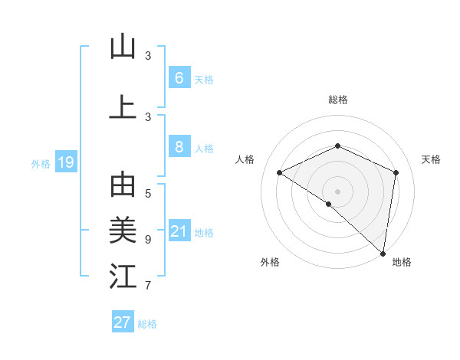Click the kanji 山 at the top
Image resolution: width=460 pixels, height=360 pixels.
pyautogui.click(x=123, y=47)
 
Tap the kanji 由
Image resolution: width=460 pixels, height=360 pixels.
pyautogui.click(x=123, y=186)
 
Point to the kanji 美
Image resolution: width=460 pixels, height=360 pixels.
pyautogui.click(x=123, y=230)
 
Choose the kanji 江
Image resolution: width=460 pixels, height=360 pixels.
pyautogui.click(x=123, y=277)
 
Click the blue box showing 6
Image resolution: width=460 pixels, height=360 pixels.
pyautogui.click(x=179, y=77)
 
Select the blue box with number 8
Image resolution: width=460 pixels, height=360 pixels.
pyautogui.click(x=179, y=147)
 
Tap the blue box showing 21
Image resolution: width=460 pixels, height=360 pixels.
pyautogui.click(x=179, y=231)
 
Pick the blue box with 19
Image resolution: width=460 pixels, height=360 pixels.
pyautogui.click(x=65, y=162)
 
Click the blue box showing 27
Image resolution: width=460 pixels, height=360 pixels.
pyautogui.click(x=123, y=322)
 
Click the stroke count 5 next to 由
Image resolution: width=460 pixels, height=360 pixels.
pyautogui.click(x=148, y=193)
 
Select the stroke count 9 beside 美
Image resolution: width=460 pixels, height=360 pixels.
pyautogui.click(x=148, y=239)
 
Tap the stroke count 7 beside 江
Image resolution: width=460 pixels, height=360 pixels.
pyautogui.click(x=148, y=286)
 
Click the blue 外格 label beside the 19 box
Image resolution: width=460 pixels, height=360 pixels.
pyautogui.click(x=41, y=163)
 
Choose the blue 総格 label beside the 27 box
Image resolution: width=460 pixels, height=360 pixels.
pyautogui.click(x=147, y=323)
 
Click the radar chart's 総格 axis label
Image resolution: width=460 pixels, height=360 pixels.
pyautogui.click(x=337, y=100)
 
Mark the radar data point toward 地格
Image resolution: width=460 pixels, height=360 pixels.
pyautogui.click(x=383, y=253)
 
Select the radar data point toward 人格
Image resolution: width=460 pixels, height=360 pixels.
pyautogui.click(x=280, y=173)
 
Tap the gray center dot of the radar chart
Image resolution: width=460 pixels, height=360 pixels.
pyautogui.click(x=337, y=191)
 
